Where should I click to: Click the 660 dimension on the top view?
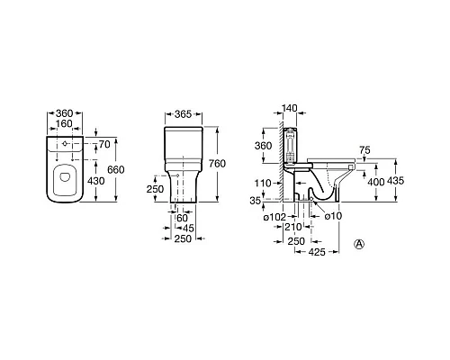(x=116, y=170)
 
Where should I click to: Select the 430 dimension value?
(x=95, y=181)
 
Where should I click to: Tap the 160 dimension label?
(x=64, y=123)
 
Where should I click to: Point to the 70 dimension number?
(x=104, y=144)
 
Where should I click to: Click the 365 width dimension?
(x=183, y=114)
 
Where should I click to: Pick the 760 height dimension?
(x=217, y=164)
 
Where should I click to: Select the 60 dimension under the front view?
(x=182, y=218)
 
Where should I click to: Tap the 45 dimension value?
(x=188, y=229)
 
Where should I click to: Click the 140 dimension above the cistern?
(x=290, y=108)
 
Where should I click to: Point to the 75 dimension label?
(x=364, y=150)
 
